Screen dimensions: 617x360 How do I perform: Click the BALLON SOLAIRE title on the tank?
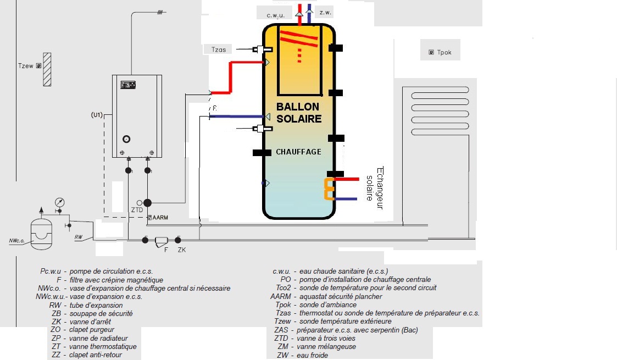click(299, 113)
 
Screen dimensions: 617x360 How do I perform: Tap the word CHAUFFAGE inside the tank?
click(299, 152)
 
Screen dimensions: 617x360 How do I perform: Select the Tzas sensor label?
click(219, 49)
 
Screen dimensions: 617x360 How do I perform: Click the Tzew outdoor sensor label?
click(26, 66)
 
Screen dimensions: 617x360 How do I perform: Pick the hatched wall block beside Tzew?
click(47, 69)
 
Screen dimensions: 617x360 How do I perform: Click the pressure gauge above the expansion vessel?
click(60, 203)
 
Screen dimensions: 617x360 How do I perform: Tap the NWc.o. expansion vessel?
click(41, 235)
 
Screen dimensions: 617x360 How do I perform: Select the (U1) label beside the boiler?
click(97, 115)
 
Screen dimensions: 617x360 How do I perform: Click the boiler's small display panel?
click(128, 85)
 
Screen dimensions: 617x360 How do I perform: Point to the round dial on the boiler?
click(126, 139)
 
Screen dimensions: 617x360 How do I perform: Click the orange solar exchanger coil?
click(329, 189)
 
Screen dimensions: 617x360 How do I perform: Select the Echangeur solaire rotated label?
click(375, 188)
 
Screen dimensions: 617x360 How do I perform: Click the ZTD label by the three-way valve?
click(137, 210)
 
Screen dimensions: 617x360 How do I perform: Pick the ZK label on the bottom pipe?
click(182, 250)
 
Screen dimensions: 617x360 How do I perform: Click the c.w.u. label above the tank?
click(275, 15)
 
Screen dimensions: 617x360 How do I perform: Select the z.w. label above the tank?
click(325, 12)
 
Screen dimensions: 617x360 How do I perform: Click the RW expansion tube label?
click(79, 237)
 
